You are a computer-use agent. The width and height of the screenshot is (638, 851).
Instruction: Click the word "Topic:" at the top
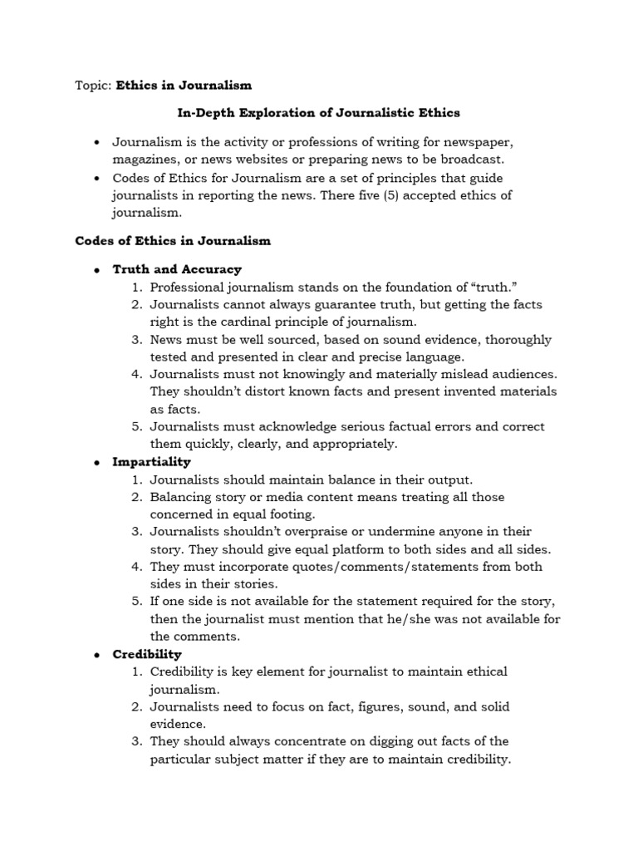[93, 85]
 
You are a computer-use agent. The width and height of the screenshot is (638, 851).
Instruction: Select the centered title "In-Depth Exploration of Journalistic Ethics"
[319, 112]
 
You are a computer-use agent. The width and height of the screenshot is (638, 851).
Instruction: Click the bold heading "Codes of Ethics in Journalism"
[173, 241]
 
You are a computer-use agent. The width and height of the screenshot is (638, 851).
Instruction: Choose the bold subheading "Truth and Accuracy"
[177, 269]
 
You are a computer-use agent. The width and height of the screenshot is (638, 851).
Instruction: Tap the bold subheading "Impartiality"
[151, 461]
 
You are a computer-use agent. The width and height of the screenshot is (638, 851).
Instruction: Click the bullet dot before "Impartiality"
[97, 462]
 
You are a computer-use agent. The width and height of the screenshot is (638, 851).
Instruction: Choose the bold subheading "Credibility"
[147, 654]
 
